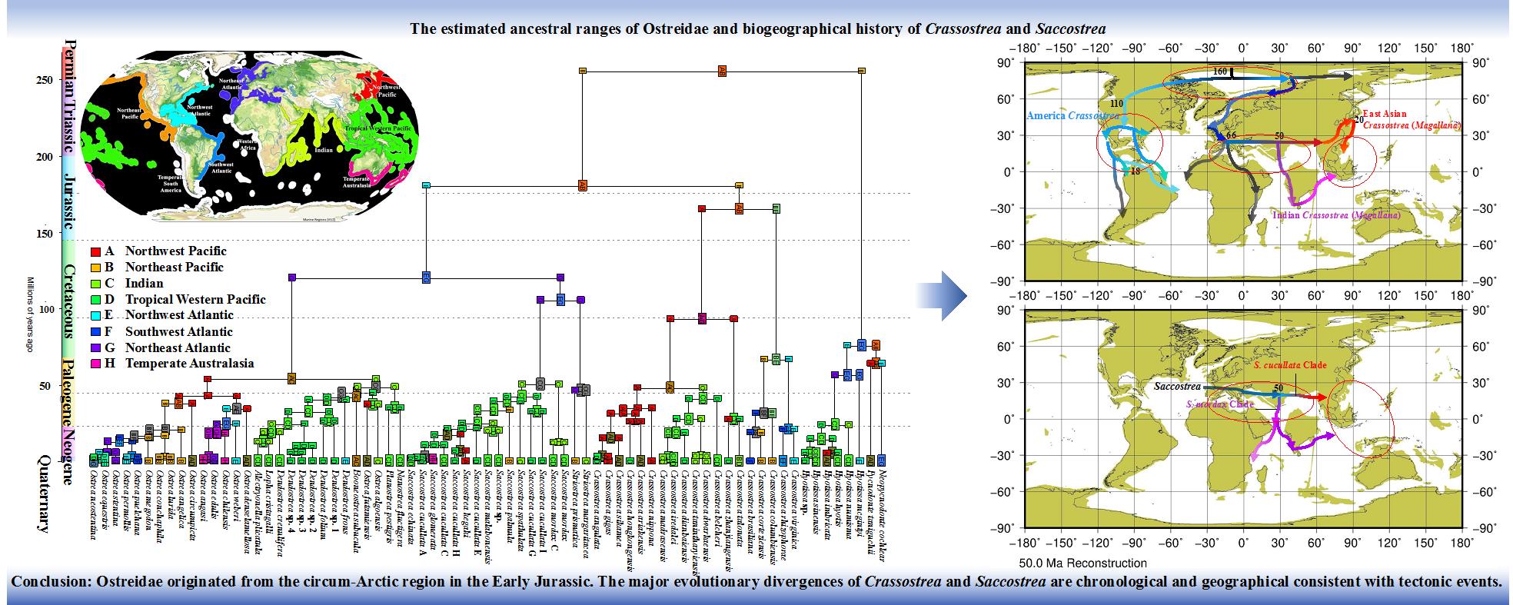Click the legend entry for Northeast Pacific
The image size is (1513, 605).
174,267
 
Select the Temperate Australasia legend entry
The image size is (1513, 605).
189,364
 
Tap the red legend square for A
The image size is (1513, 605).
95,251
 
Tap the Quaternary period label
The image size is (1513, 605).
43,492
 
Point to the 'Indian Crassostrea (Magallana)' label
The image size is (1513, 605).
1336,216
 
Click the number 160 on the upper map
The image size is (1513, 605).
1220,71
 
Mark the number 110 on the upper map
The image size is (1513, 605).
1117,103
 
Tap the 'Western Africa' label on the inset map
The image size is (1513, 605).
247,145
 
